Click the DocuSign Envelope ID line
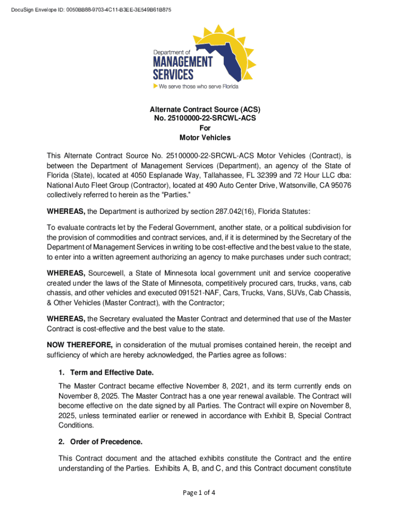coord(91,10)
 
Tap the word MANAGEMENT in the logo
coord(182,62)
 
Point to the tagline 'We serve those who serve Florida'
coord(198,86)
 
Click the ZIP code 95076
coord(338,184)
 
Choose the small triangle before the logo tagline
coord(155,86)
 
